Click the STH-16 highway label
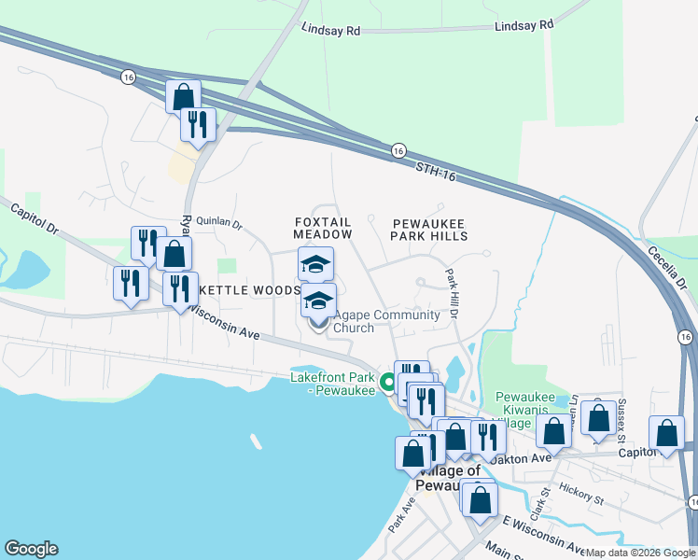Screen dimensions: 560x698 434,169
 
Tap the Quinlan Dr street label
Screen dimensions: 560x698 217,225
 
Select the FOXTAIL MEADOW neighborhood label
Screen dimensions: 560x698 323,228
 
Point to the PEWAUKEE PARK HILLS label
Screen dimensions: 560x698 428,231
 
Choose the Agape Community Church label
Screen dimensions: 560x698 386,321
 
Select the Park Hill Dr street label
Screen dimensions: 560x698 453,295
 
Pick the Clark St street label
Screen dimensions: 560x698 539,503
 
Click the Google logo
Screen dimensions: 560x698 31,549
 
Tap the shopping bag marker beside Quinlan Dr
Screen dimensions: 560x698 174,253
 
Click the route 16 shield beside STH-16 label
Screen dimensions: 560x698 398,150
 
